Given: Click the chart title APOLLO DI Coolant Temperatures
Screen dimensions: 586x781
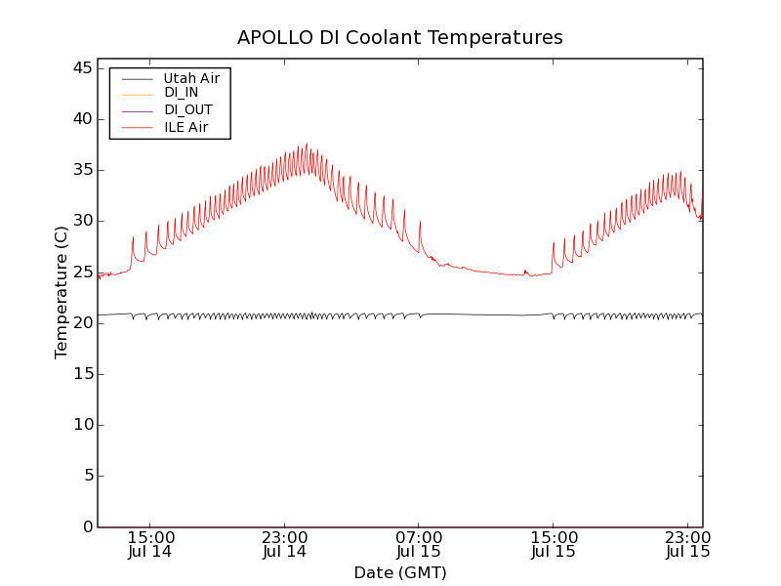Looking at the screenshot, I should (x=400, y=38).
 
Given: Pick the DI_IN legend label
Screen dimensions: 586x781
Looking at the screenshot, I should (x=182, y=93).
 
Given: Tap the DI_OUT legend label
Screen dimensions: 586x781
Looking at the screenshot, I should (x=188, y=110).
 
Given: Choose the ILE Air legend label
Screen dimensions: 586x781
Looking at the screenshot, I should (x=185, y=128).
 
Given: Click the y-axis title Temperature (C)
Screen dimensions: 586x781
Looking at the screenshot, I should (x=62, y=292).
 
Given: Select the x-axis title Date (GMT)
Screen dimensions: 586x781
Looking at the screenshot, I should (x=400, y=572).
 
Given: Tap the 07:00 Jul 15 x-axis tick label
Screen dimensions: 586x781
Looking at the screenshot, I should (x=419, y=544).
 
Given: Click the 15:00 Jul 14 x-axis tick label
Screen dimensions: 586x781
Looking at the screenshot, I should (x=151, y=544).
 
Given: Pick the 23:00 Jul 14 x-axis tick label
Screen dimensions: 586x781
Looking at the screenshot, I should (x=285, y=544).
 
